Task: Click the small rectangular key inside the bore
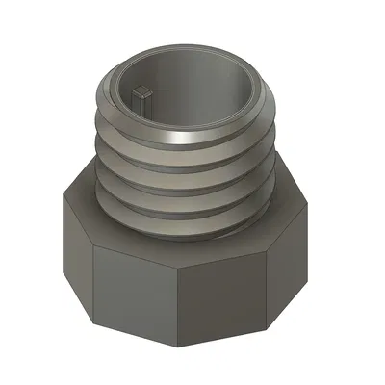144,93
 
